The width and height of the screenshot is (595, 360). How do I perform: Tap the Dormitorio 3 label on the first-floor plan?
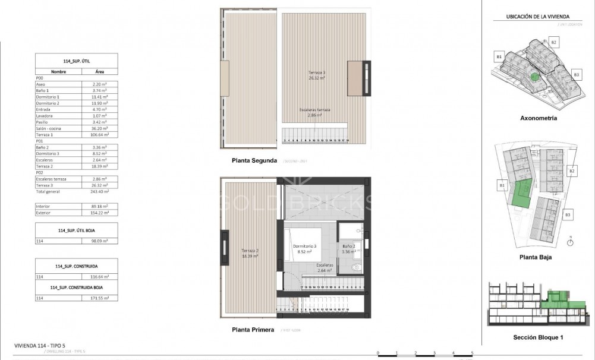[304, 249]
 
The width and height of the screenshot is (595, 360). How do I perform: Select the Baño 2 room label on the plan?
[348, 249]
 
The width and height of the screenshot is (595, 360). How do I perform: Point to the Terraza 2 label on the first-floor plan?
[250, 253]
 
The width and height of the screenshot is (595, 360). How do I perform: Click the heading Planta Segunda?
[254, 160]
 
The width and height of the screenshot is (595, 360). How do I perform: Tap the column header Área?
[99, 71]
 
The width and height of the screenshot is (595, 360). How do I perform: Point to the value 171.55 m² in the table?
[99, 298]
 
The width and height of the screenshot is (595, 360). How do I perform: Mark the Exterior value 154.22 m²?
[99, 212]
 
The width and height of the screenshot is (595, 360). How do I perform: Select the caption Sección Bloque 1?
[538, 337]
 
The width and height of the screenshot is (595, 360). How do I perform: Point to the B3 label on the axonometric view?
[576, 74]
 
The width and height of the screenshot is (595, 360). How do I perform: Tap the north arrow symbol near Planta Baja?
[569, 241]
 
